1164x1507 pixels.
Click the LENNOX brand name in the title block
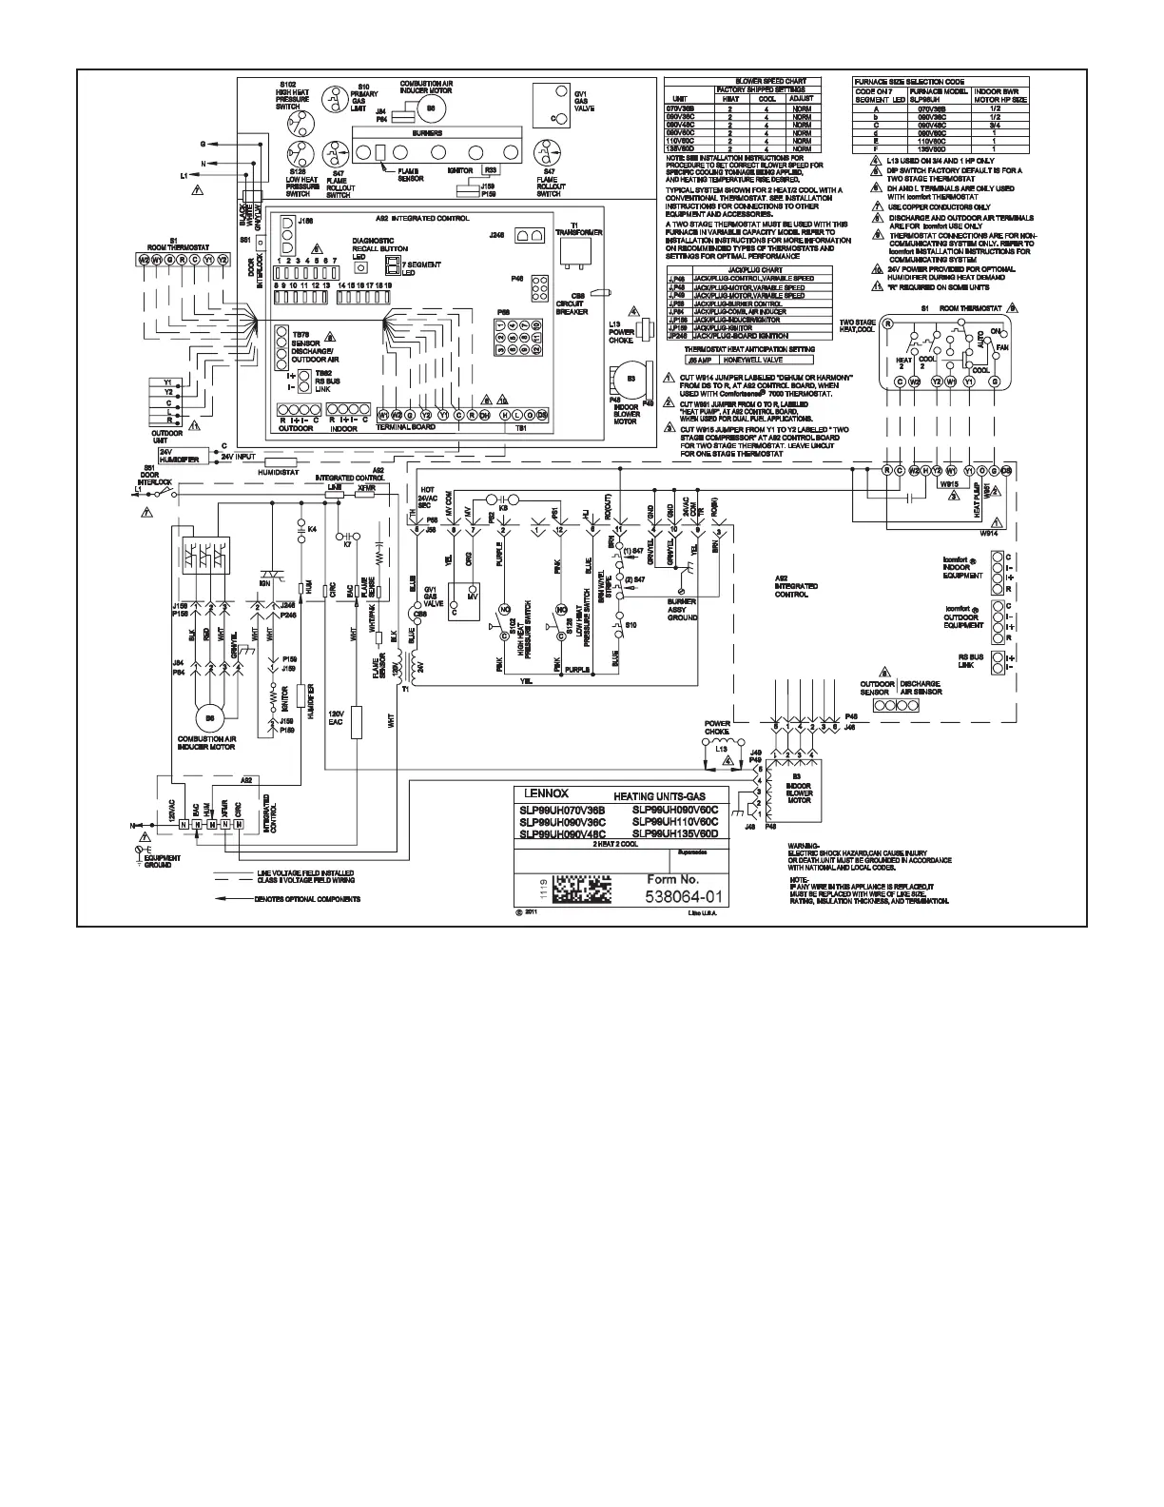coord(539,793)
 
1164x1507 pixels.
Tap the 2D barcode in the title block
coord(581,888)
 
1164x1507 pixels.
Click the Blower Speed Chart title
coord(748,82)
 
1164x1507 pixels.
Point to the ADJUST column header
coord(801,98)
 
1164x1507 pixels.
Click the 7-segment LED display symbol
coord(391,265)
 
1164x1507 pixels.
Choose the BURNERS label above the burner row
coord(427,134)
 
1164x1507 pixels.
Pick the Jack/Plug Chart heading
coord(747,270)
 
